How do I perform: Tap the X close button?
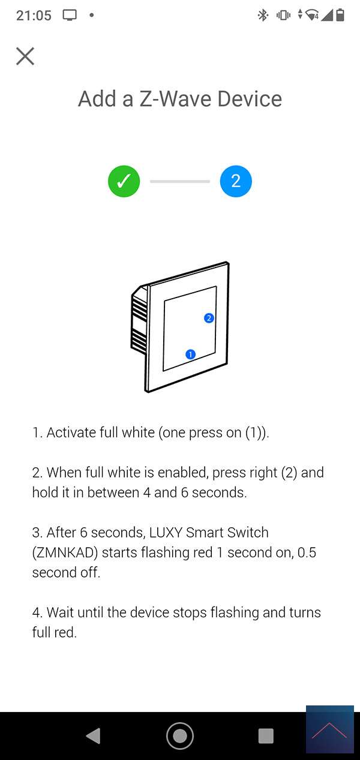(25, 56)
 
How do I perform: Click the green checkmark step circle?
(124, 181)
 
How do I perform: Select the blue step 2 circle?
(236, 181)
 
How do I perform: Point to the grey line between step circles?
(180, 182)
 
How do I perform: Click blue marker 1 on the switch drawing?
(190, 355)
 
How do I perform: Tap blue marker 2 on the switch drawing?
(209, 318)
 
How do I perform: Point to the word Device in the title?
(250, 99)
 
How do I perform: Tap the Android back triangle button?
(94, 735)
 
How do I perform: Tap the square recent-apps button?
(266, 736)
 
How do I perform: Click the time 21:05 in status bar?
(34, 16)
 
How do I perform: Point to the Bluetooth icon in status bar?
(263, 15)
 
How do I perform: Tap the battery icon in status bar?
(340, 15)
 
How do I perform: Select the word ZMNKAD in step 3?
(65, 552)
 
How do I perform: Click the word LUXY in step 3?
(166, 533)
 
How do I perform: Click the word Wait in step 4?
(61, 613)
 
